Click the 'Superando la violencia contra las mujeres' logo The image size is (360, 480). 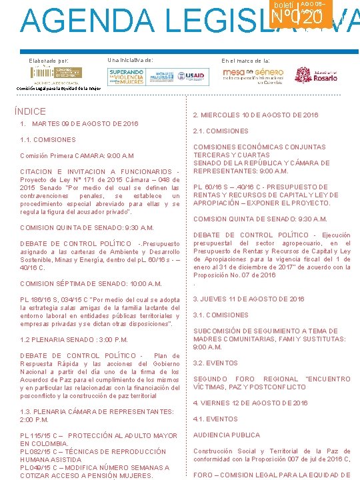click(127, 77)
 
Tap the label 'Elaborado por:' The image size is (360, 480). click(49, 61)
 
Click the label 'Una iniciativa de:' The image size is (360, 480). click(130, 60)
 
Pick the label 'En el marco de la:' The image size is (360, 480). click(246, 61)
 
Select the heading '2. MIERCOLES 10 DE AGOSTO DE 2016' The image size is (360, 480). click(256, 115)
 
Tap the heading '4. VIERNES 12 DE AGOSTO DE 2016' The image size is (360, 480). click(251, 403)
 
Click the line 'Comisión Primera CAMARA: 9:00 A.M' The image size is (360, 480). click(77, 156)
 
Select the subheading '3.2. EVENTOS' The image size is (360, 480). click(215, 363)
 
